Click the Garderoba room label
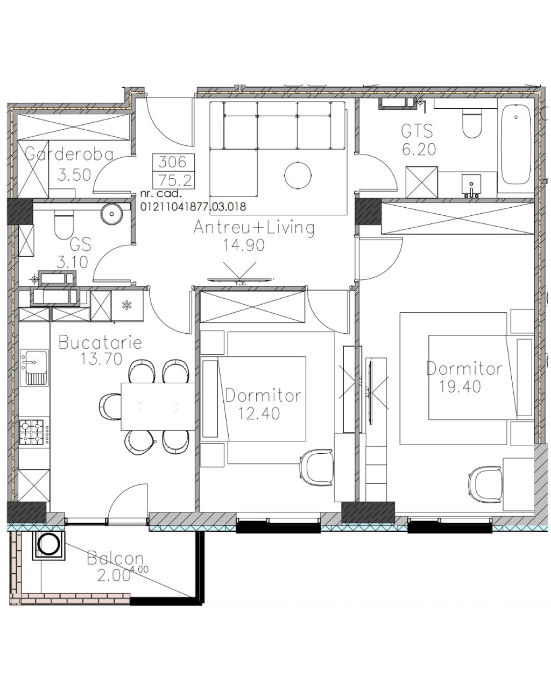coord(69,154)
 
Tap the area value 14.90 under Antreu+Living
coord(244,245)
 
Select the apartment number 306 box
coord(172,162)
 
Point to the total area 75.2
coord(175,180)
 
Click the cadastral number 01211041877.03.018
coord(193,207)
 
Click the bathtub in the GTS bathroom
coord(515,144)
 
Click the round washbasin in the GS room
coord(112,213)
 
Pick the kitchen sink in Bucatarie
coord(34,367)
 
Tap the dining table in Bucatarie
coord(158,406)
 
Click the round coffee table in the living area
coord(298,175)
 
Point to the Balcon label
coord(115,558)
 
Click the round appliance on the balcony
coord(49,544)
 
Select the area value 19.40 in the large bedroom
coord(460,386)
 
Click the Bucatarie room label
coord(100,342)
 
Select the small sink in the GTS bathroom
coord(471,186)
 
